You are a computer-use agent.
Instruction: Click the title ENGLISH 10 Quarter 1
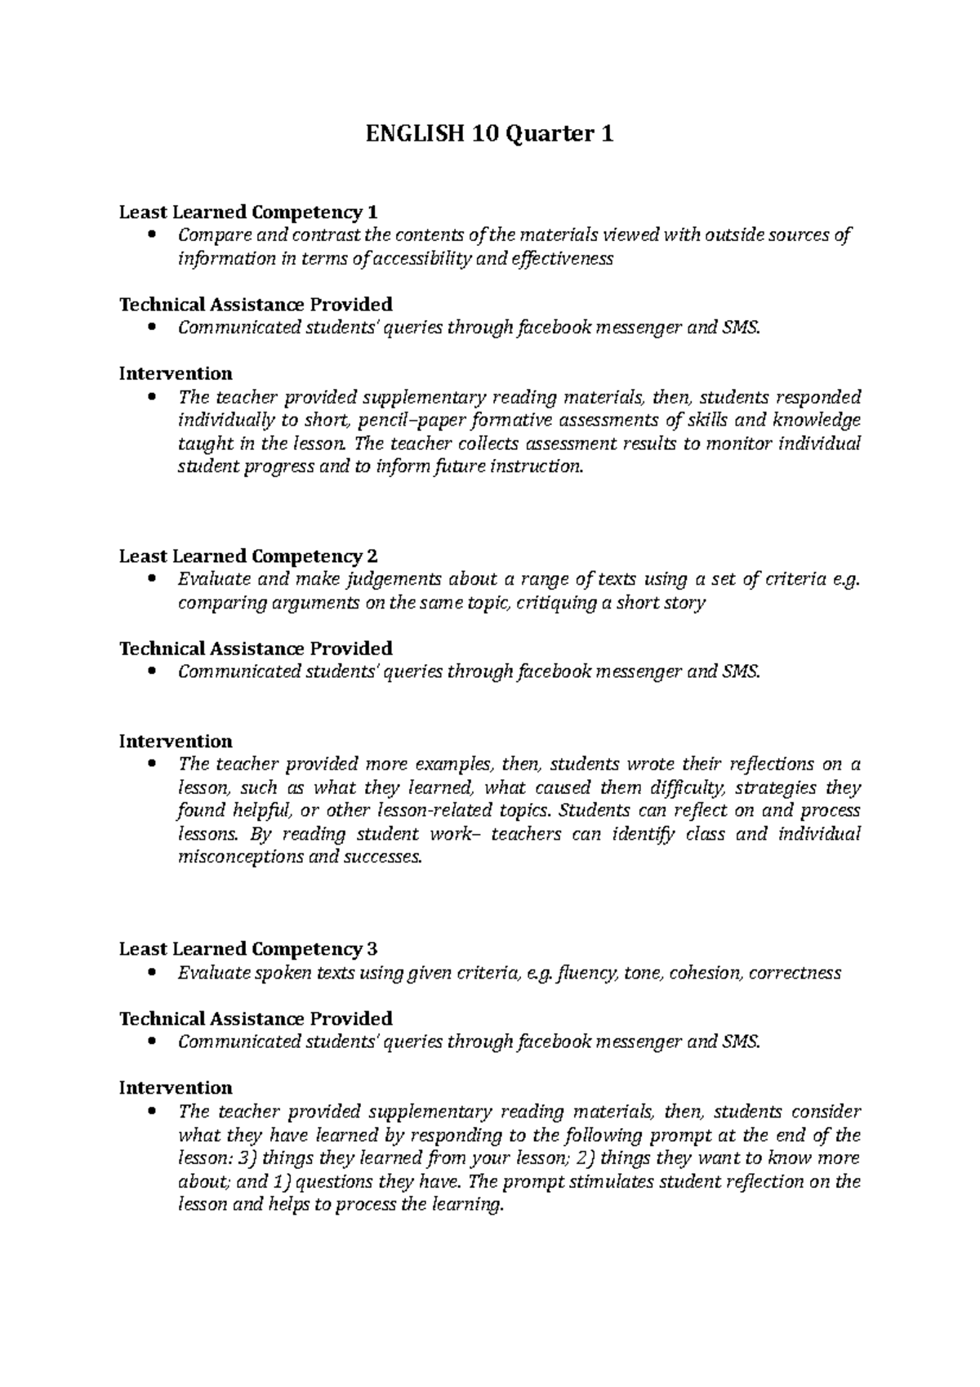tap(489, 133)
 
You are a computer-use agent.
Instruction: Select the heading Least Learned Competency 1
tap(248, 212)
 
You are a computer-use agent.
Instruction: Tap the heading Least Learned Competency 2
tap(248, 556)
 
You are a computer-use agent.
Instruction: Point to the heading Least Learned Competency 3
tap(248, 949)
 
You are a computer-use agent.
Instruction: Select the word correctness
tap(794, 973)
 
